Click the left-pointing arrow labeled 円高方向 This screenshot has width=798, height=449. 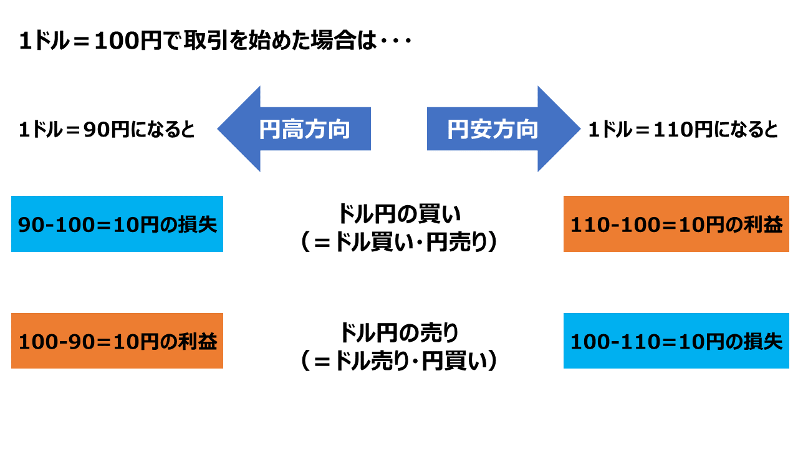294,128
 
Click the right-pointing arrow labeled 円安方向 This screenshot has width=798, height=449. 504,128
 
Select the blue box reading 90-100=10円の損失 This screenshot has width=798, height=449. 117,224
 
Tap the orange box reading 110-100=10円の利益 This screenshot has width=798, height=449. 676,224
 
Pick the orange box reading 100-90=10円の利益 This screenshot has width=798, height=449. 117,340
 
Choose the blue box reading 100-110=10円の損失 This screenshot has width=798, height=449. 676,340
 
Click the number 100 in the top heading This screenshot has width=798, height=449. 117,41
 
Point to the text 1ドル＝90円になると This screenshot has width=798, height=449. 107,129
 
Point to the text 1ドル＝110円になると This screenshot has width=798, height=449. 683,129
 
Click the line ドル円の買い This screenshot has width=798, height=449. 399,214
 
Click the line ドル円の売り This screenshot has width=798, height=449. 399,332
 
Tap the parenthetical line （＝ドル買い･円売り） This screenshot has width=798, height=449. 399,243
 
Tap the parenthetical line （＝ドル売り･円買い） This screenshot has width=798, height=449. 399,361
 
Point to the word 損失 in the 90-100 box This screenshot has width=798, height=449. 198,224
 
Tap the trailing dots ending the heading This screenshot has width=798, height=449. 396,41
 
